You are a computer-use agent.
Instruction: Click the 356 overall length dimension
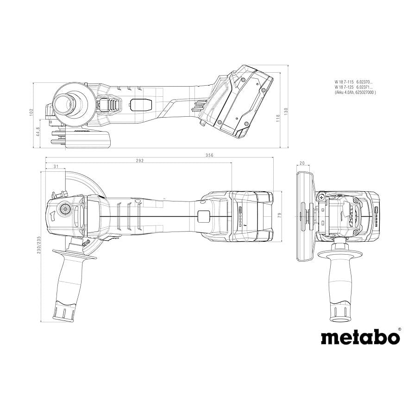coord(209,156)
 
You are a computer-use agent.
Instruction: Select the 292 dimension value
coord(140,161)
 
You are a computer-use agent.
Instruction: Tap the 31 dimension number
coord(56,166)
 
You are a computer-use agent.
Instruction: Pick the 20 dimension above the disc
coord(302,163)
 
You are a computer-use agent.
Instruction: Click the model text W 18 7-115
coord(344,82)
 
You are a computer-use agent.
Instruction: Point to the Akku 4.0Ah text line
coord(355,92)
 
